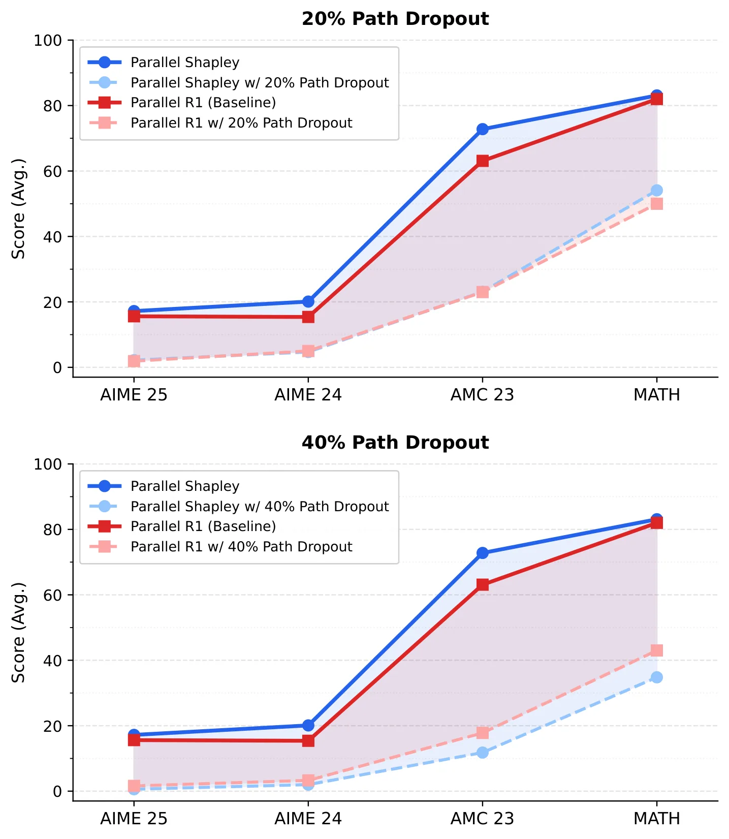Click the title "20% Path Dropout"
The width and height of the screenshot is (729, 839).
pos(395,19)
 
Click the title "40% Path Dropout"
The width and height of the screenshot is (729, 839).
pos(395,443)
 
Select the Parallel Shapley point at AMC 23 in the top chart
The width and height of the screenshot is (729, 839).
pos(483,129)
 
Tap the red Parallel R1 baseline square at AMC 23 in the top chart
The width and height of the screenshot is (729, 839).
pos(483,161)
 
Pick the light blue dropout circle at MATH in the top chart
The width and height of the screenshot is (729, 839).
pos(657,190)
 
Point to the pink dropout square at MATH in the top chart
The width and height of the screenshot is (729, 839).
pos(657,204)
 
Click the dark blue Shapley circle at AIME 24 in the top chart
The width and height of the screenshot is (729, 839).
pos(308,301)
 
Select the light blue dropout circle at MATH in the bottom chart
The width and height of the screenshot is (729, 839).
pos(657,677)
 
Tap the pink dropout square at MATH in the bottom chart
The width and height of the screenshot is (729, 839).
pos(657,650)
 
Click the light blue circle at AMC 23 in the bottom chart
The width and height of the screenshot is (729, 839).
pos(483,753)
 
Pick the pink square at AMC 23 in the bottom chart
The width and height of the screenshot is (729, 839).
pos(483,733)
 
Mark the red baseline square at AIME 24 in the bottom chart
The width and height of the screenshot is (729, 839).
pos(308,741)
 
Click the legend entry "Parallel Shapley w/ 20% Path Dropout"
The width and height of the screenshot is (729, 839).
pos(260,82)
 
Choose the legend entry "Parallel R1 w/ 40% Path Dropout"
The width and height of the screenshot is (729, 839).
pos(241,547)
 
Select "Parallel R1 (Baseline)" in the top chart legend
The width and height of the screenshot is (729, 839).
pos(203,103)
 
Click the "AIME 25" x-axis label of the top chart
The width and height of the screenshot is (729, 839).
pos(134,395)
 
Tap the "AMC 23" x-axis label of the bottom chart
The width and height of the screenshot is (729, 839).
pos(483,819)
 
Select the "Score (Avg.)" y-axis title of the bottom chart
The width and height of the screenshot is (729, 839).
pos(19,633)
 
